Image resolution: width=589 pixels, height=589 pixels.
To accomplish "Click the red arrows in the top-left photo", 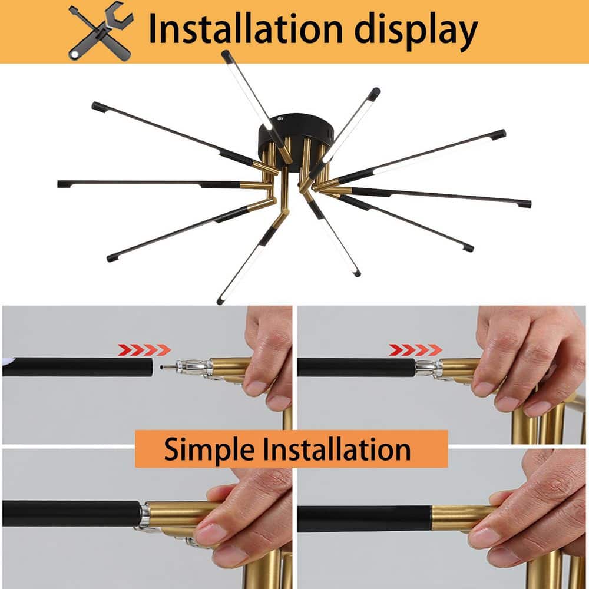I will click(144, 350).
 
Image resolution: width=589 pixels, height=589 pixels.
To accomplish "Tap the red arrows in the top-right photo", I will click(415, 350).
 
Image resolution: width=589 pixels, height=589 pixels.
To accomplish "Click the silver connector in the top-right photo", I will click(428, 368).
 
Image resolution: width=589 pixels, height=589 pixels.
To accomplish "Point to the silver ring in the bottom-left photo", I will click(143, 514).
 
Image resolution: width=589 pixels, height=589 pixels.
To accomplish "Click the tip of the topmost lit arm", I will click(225, 54).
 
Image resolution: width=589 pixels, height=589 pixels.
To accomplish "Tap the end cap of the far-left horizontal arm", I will click(61, 184).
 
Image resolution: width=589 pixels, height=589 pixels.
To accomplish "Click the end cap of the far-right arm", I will click(527, 204).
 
